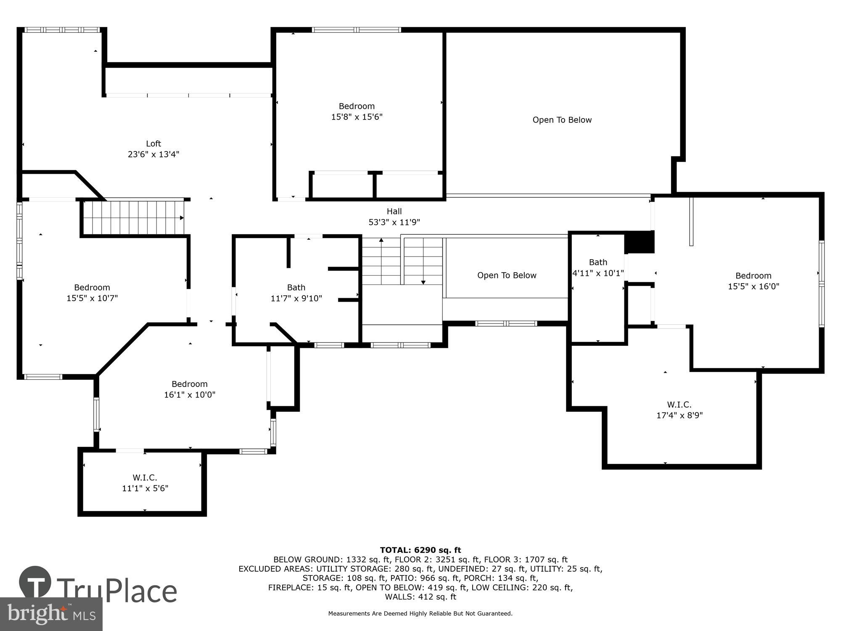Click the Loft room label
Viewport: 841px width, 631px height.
pyautogui.click(x=153, y=143)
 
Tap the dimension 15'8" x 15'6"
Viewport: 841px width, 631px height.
pyautogui.click(x=357, y=117)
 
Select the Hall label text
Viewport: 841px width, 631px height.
pyautogui.click(x=394, y=212)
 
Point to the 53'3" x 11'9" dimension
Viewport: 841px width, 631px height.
pyautogui.click(x=394, y=222)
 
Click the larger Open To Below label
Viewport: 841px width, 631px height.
pyautogui.click(x=562, y=120)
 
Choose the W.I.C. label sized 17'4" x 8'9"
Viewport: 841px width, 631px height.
pyautogui.click(x=679, y=405)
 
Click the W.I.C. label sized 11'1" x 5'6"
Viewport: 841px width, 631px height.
pyautogui.click(x=145, y=477)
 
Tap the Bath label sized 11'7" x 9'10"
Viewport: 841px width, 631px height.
pyautogui.click(x=296, y=287)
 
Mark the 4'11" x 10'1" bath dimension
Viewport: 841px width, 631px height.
pyautogui.click(x=598, y=273)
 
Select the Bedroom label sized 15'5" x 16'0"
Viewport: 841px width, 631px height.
pyautogui.click(x=753, y=276)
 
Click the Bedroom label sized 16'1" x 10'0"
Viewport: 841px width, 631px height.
pyautogui.click(x=189, y=384)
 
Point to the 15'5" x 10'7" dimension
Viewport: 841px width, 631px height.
pyautogui.click(x=92, y=298)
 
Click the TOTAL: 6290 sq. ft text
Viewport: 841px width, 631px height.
pyautogui.click(x=420, y=550)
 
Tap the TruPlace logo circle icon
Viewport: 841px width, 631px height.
pyautogui.click(x=35, y=583)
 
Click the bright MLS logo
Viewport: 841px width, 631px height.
pyautogui.click(x=51, y=614)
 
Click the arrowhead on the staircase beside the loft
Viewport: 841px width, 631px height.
pyautogui.click(x=182, y=217)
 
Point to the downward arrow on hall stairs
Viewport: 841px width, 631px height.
pyautogui.click(x=423, y=282)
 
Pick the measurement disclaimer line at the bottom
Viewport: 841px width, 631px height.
pyautogui.click(x=420, y=613)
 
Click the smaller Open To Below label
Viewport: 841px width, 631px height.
pyautogui.click(x=506, y=275)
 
